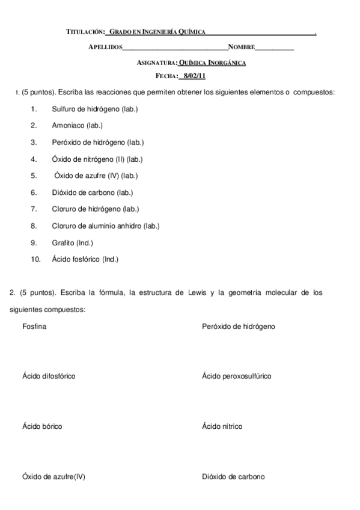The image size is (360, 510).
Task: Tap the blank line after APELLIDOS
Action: pos(175,47)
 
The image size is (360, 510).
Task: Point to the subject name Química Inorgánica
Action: pos(212,62)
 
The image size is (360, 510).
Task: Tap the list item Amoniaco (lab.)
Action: pos(78,126)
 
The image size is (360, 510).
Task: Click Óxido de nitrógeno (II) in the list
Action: pos(97,159)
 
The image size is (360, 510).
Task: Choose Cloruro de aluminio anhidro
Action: pos(106,226)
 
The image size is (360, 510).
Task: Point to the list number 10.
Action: pos(35,260)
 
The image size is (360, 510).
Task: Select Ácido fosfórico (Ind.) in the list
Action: pos(85,260)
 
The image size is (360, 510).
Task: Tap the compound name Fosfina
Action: pos(34,326)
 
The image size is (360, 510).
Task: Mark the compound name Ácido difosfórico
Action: pos(49,376)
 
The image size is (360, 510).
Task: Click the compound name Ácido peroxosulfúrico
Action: pos(237,376)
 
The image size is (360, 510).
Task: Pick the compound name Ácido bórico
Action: pos(42,426)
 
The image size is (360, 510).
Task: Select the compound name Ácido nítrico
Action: pos(222,426)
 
